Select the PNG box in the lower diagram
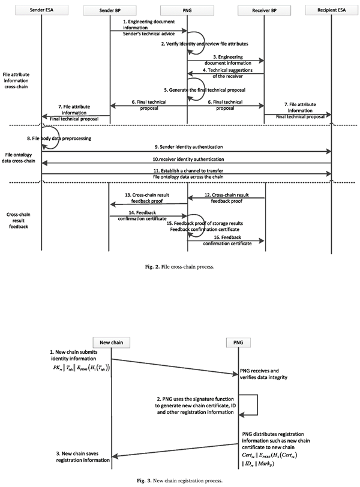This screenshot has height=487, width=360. tap(258, 342)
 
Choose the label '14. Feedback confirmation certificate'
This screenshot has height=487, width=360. tap(148, 215)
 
